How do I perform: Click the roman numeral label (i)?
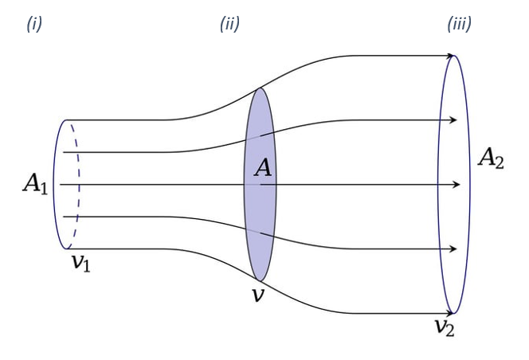tap(34, 24)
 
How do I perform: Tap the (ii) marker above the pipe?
tap(229, 24)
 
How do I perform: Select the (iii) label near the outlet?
tap(459, 24)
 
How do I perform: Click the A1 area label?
tap(35, 184)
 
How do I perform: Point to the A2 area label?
tap(491, 158)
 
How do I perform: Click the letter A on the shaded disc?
tap(263, 168)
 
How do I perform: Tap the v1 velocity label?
tap(81, 263)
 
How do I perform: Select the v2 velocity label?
tap(445, 327)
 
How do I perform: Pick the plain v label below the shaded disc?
tap(258, 295)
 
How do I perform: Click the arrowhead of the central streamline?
tap(457, 184)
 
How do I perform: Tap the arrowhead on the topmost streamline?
tap(450, 56)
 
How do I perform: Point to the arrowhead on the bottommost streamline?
tap(450, 314)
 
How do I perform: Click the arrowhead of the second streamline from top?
tap(453, 119)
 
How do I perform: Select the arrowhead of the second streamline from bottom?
tap(453, 249)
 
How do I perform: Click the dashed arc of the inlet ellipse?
tap(79, 184)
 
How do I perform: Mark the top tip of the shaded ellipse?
tap(260, 88)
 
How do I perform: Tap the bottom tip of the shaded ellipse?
tap(260, 280)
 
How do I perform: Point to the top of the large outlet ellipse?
tap(454, 55)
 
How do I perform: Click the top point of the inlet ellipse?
tap(67, 119)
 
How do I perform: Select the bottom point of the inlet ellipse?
tap(67, 249)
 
